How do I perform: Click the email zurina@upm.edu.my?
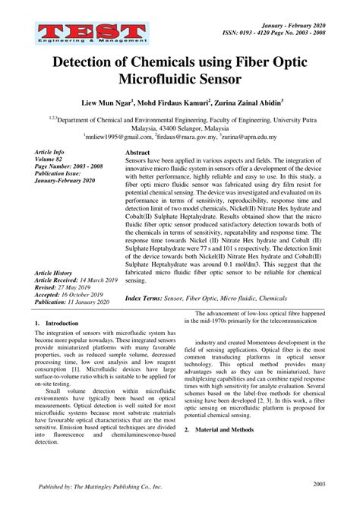tap(251, 138)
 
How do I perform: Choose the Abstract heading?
tap(139, 153)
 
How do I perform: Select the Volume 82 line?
tap(51, 160)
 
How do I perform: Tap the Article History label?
tap(56, 272)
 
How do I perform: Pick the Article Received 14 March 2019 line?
tap(75, 280)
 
